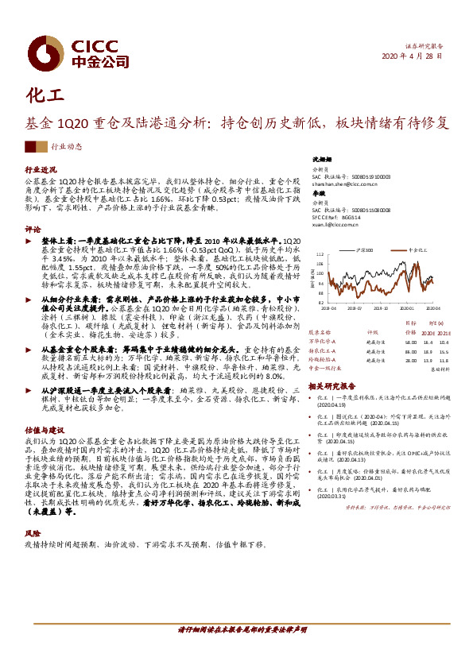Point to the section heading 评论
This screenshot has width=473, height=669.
[33, 228]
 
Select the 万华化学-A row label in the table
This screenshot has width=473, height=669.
[326, 341]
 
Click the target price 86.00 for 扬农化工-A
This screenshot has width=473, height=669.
[410, 350]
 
